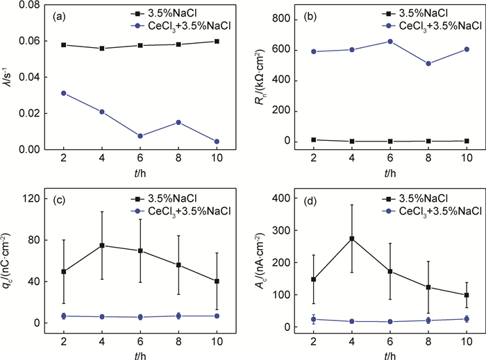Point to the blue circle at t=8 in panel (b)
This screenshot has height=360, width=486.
click(428, 64)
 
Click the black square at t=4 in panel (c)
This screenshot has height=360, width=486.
click(102, 246)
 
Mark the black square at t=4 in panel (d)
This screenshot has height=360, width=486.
click(352, 239)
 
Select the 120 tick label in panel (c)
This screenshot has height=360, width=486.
click(30, 198)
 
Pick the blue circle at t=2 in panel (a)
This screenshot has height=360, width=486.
click(64, 93)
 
